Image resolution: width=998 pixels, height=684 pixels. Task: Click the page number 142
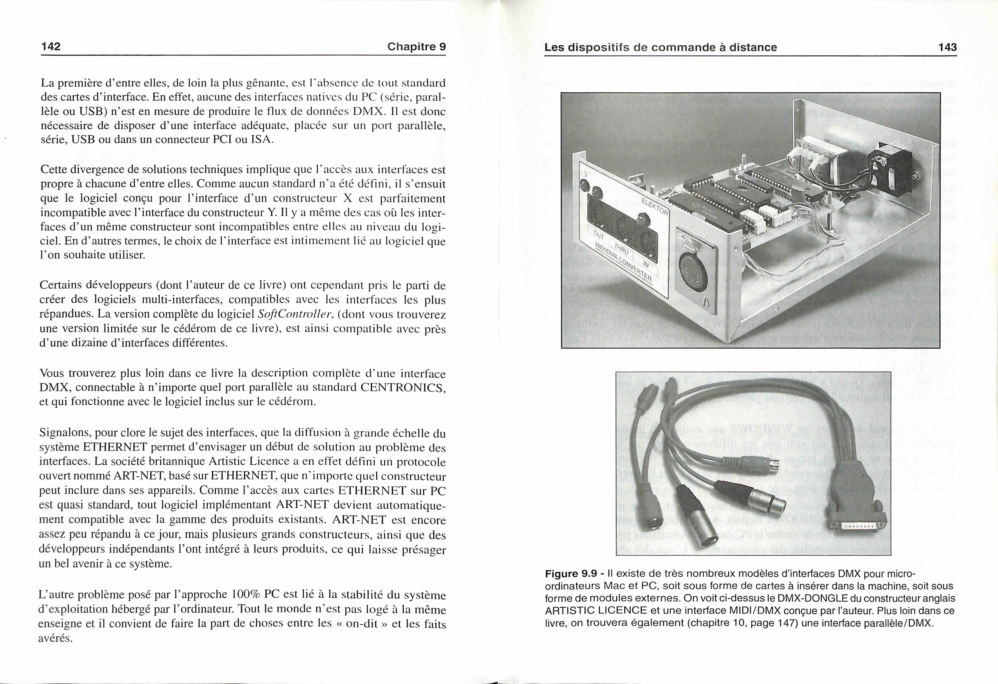51,46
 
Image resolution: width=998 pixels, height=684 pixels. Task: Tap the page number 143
947,47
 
